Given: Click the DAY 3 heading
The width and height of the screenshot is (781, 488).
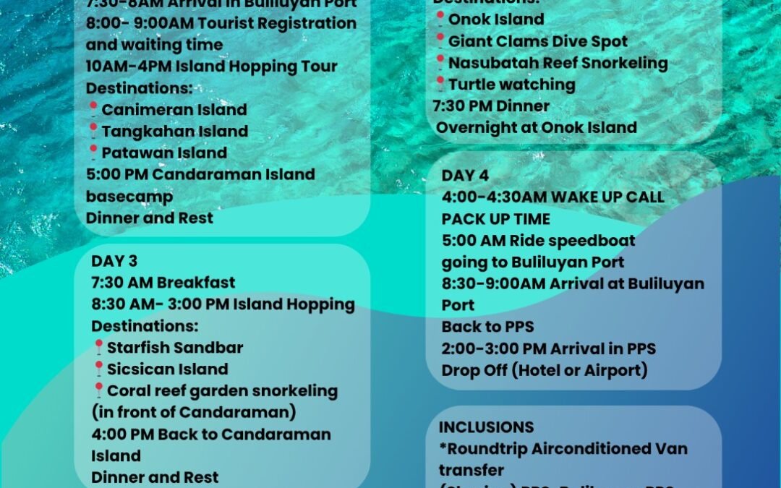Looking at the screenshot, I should [114, 261].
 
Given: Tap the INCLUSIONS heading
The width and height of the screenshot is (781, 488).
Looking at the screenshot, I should [486, 427].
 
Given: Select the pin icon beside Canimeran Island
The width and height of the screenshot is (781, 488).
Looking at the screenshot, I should [93, 110].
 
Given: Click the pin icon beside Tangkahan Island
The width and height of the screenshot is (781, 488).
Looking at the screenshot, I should [93, 132].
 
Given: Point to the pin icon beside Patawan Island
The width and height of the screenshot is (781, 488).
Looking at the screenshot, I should [93, 153].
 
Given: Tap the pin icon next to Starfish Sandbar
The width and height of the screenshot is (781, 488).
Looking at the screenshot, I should [98, 348].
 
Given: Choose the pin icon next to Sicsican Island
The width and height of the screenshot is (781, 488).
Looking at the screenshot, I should [98, 369].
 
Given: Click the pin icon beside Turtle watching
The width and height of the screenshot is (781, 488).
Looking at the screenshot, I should [440, 85].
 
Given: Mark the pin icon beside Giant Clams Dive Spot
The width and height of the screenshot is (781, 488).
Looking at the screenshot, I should [440, 41].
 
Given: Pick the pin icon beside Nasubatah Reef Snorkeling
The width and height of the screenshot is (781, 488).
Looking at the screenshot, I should [440, 63].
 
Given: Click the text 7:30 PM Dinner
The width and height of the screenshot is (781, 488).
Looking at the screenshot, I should [491, 106].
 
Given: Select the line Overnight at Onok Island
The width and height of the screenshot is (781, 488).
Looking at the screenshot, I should [536, 128].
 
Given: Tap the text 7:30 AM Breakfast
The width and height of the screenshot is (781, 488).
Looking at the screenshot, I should [163, 283].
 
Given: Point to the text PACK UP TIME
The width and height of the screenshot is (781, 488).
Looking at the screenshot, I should [496, 218].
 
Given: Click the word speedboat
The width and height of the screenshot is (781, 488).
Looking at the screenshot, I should [589, 240].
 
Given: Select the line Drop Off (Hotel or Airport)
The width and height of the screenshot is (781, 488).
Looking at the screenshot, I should [545, 370].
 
